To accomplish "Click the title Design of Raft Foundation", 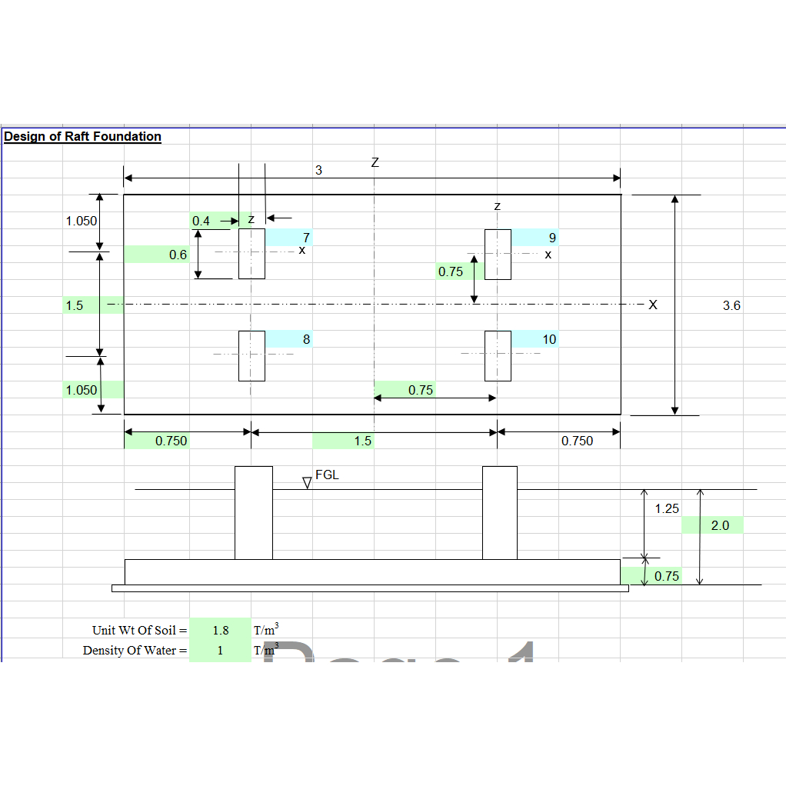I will [x=82, y=137].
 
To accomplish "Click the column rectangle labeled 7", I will [x=251, y=254].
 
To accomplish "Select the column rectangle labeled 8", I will [x=251, y=355].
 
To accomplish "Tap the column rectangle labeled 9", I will [x=498, y=254].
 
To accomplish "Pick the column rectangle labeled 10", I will [x=498, y=355].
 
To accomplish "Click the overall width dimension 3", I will [x=318, y=170].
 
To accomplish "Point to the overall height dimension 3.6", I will [x=731, y=305].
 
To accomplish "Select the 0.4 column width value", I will [x=201, y=221].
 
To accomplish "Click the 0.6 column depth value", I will [x=178, y=255].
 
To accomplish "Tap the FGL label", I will [x=327, y=475].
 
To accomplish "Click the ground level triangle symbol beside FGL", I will [x=307, y=483].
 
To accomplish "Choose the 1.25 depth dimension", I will [x=667, y=508].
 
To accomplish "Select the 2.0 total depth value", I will [x=720, y=525].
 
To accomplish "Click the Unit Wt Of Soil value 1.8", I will [x=221, y=630].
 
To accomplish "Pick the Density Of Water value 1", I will [x=220, y=651].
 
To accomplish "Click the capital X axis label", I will [x=653, y=305].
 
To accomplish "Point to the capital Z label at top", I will [x=375, y=163].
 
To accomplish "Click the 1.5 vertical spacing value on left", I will [x=75, y=305].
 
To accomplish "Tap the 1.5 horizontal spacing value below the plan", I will [x=362, y=441].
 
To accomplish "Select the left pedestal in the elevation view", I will [x=253, y=513].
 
